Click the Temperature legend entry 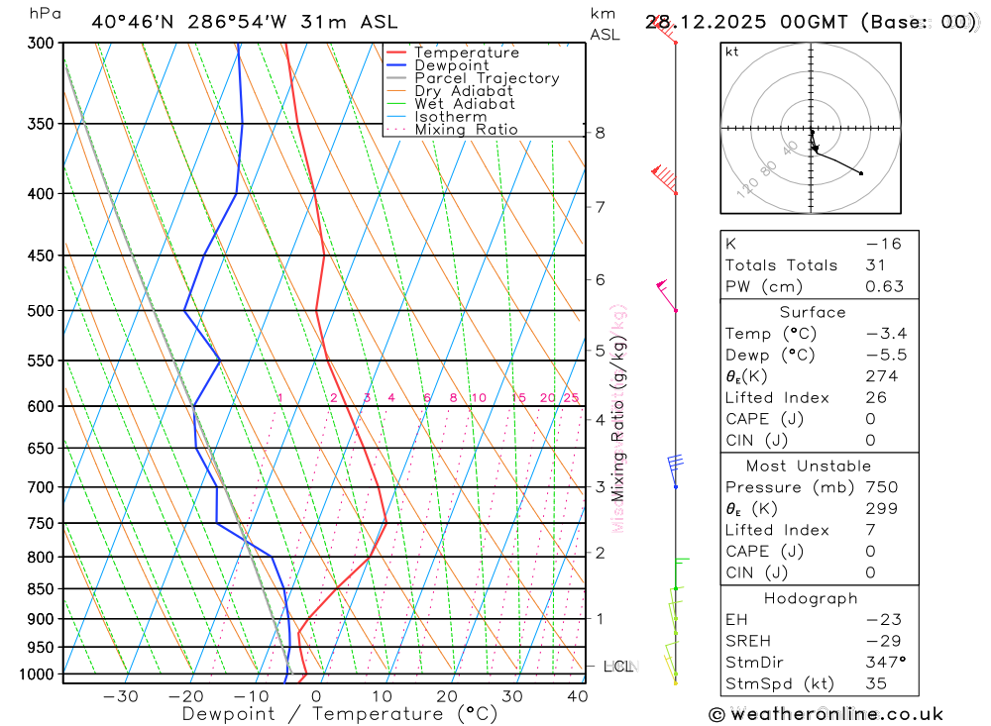(x=466, y=52)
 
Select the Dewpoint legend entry (x=451, y=65)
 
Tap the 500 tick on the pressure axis (x=42, y=311)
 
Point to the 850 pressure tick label (x=42, y=589)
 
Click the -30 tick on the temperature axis (x=120, y=696)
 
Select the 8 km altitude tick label (x=600, y=133)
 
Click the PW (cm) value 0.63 (x=885, y=286)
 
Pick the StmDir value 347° (x=884, y=662)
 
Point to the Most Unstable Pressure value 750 (x=881, y=487)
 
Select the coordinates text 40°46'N (x=129, y=22)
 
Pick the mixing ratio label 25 (x=571, y=398)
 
